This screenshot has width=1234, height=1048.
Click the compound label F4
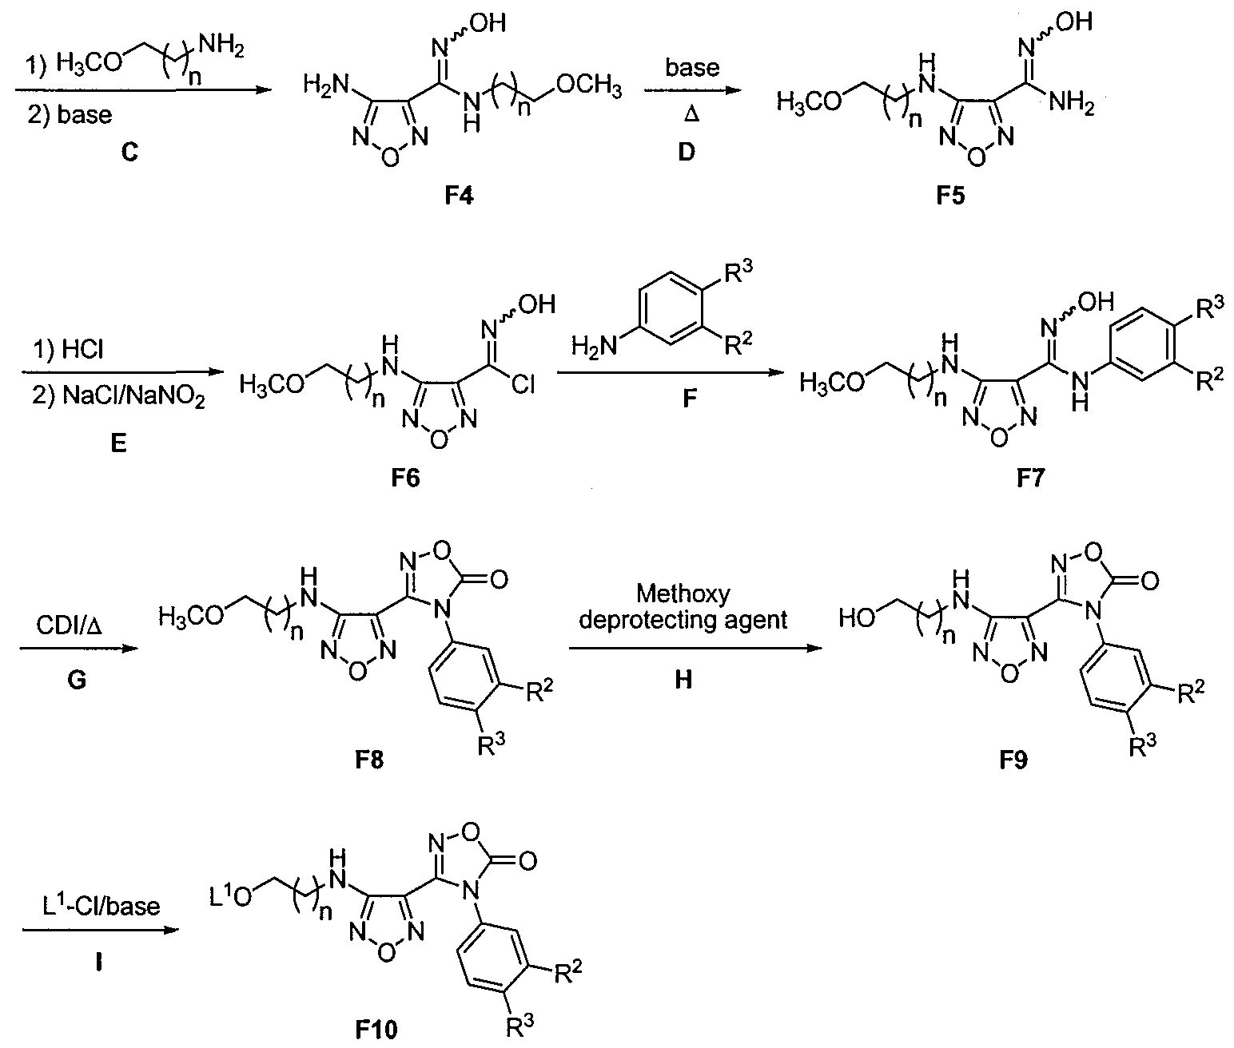point(460,195)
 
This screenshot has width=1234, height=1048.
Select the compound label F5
point(947,195)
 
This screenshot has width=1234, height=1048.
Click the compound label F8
point(369,759)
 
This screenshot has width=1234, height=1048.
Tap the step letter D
point(687,152)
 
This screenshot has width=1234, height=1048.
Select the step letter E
point(118,442)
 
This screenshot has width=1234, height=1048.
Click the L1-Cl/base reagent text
point(101,907)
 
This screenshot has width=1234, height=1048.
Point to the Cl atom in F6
point(523,386)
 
